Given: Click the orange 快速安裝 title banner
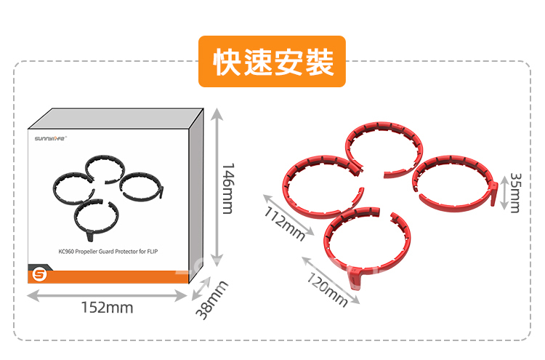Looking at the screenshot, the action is [272, 62].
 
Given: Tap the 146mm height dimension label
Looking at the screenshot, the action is [227, 188].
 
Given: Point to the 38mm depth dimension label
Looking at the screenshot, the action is [212, 299].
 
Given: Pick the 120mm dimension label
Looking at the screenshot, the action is [326, 288].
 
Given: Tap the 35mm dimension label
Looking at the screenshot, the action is [515, 192].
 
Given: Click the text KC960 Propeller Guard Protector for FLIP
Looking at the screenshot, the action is [108, 252].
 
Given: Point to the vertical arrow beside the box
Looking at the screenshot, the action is [215, 188].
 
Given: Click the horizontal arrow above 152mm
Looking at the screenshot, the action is [108, 295].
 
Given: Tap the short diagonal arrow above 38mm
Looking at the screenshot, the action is [201, 287].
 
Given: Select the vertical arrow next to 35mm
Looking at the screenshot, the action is [503, 192].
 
